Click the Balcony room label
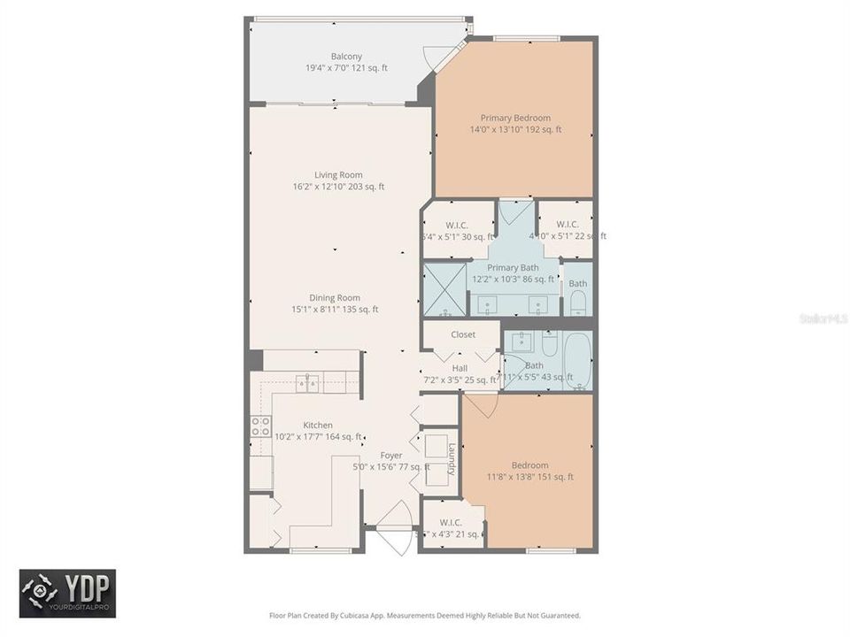[x=346, y=56]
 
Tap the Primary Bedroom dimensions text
[x=515, y=130]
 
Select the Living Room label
[x=338, y=175]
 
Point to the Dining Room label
[x=335, y=298]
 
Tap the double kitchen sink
[x=308, y=383]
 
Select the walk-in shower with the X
[x=444, y=289]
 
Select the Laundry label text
[x=451, y=458]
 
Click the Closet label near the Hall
[x=463, y=334]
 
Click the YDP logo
[x=67, y=593]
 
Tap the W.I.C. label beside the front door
[x=451, y=522]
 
